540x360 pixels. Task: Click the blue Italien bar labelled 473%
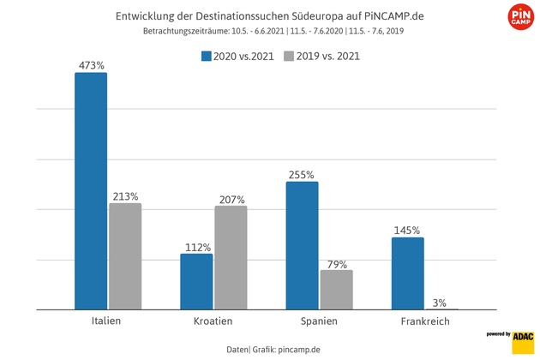coord(91,190)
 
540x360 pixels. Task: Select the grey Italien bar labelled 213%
coord(125,256)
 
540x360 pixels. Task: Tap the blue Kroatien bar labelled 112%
coord(196,281)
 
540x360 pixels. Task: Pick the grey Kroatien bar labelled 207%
coord(231,257)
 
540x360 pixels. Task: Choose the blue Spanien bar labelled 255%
coord(302,245)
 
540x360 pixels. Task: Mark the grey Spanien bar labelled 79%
coord(336,290)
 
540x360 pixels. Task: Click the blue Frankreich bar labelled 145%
coord(408,273)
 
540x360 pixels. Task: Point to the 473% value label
coord(91,64)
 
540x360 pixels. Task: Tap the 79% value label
coord(336,264)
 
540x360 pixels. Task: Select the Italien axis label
coord(106,321)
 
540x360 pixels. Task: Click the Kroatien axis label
coord(213,321)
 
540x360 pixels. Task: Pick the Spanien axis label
coord(319,321)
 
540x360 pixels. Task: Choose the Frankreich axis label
coord(425,321)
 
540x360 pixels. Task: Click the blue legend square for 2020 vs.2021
coord(207,57)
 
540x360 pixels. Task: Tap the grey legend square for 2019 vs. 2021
coord(290,57)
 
